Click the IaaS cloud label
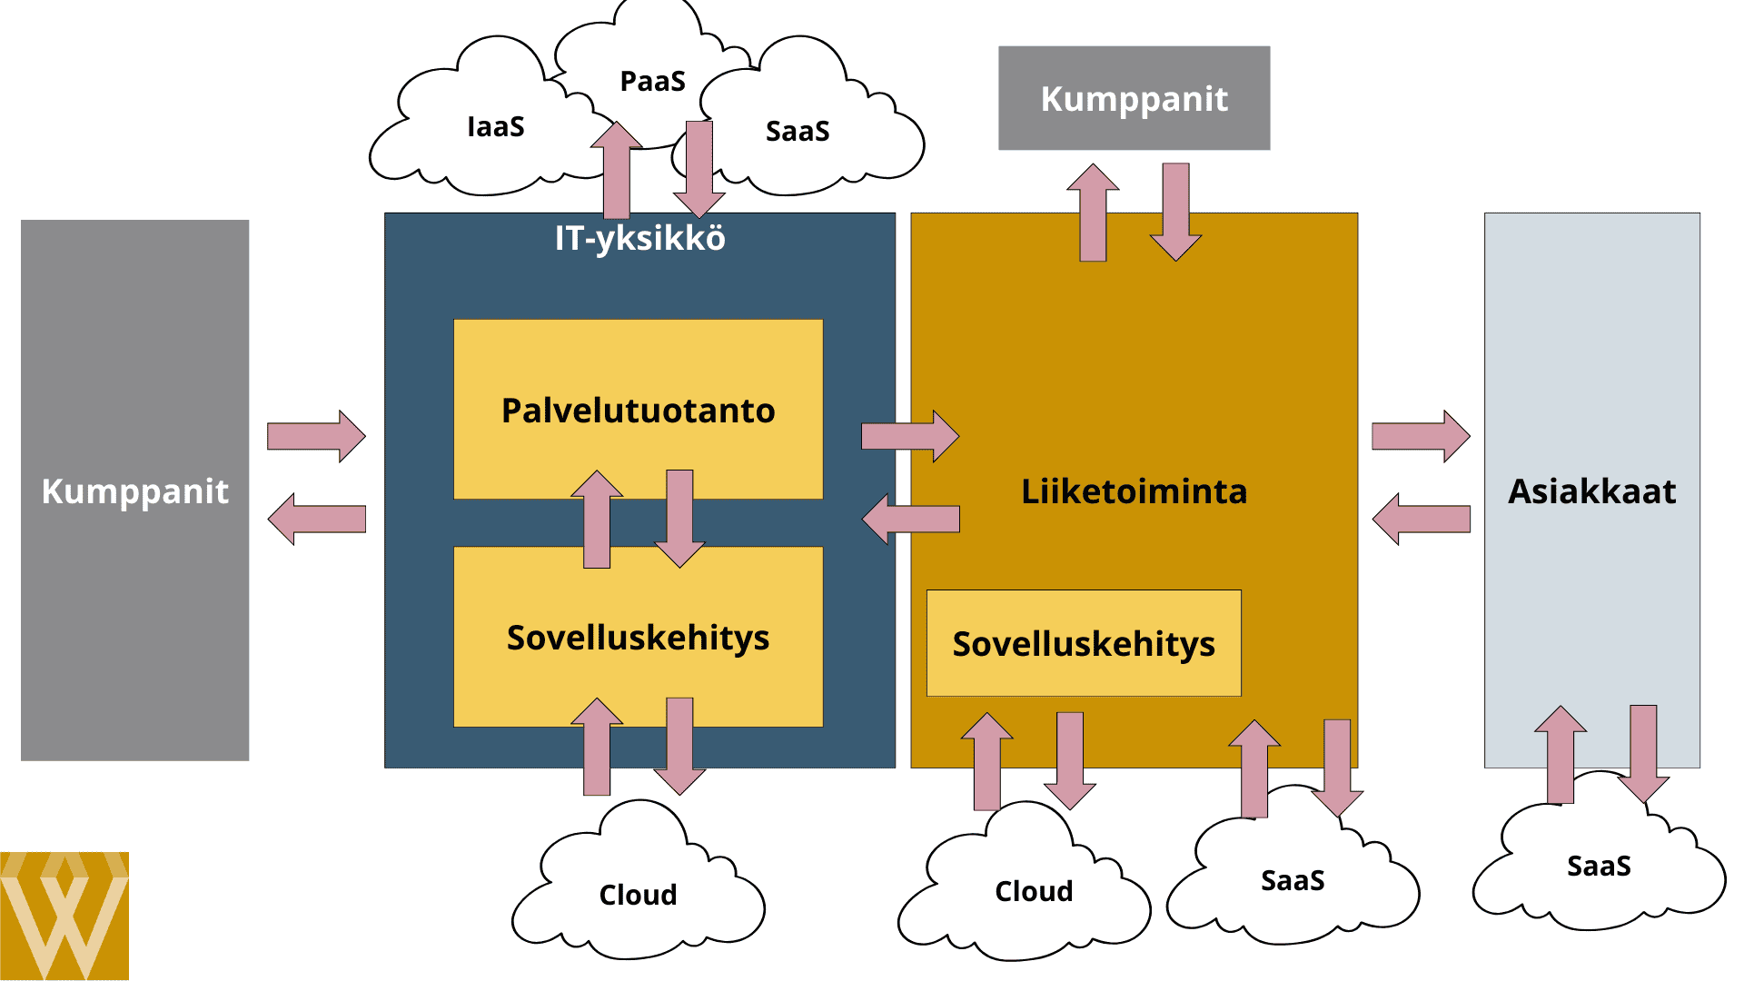click(495, 126)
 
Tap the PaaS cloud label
click(652, 81)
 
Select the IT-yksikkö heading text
click(639, 238)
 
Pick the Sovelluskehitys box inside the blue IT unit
click(638, 638)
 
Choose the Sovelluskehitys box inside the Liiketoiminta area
click(1083, 643)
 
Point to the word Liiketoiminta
click(1134, 491)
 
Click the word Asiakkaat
click(1591, 491)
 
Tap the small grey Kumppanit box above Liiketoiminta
click(1134, 98)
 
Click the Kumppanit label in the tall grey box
click(134, 491)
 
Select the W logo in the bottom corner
click(64, 916)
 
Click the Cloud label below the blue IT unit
click(638, 895)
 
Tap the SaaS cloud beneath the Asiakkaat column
click(1599, 866)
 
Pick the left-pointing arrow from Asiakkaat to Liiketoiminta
click(1421, 519)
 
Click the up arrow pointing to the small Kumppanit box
click(1093, 213)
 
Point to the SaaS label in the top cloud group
click(798, 131)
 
